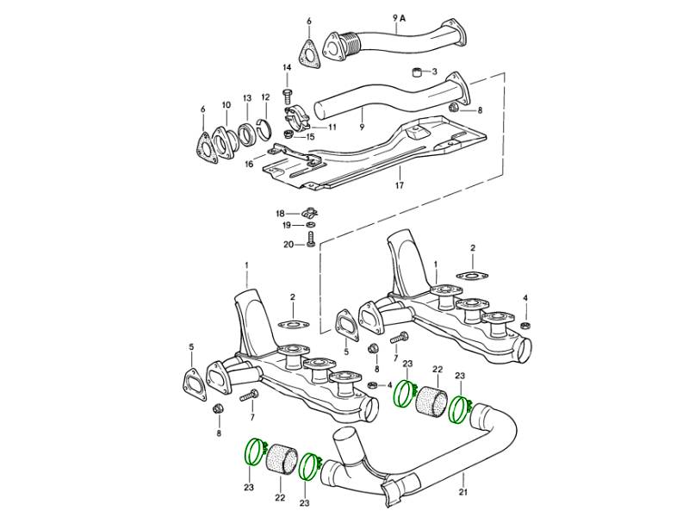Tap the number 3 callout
click(435, 72)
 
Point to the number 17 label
click(399, 185)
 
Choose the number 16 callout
click(249, 163)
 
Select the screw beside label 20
click(311, 244)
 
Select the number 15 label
click(310, 136)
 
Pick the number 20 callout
click(289, 244)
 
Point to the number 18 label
click(280, 212)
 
